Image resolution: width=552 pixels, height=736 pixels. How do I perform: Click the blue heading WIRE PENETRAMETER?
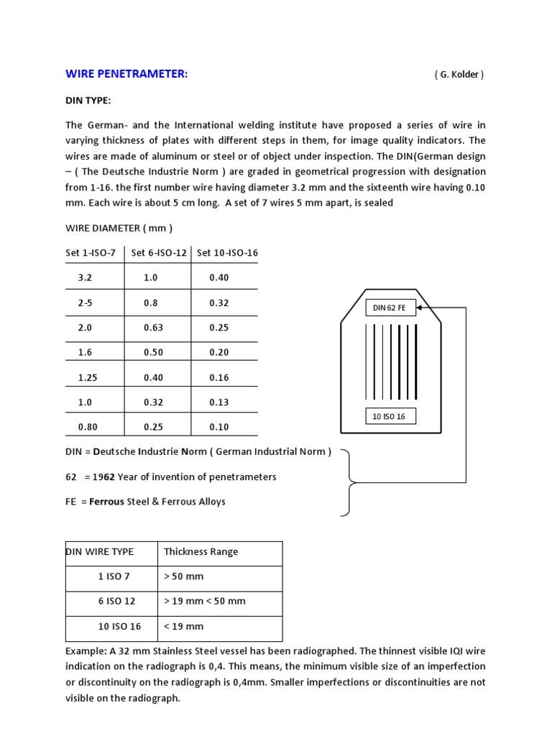pyautogui.click(x=126, y=74)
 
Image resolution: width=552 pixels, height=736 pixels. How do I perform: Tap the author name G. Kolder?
pyautogui.click(x=459, y=75)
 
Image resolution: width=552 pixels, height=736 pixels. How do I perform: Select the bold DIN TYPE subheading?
pyautogui.click(x=88, y=101)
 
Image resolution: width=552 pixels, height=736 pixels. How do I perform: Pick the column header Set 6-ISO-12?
pyautogui.click(x=157, y=252)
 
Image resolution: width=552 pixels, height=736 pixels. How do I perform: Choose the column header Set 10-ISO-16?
pyautogui.click(x=227, y=252)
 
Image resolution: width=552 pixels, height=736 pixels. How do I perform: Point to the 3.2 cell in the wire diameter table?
pyautogui.click(x=85, y=277)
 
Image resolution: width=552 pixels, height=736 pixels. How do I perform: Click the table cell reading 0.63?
pyautogui.click(x=153, y=328)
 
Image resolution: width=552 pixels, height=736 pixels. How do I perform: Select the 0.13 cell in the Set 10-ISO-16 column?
pyautogui.click(x=219, y=402)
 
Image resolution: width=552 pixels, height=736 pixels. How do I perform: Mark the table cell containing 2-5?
pyautogui.click(x=85, y=303)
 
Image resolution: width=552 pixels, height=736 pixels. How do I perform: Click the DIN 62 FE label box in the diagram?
pyautogui.click(x=390, y=308)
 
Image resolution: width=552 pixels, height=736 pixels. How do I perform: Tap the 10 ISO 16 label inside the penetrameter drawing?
pyautogui.click(x=390, y=417)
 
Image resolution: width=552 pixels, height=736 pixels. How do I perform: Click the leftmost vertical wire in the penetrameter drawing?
pyautogui.click(x=366, y=362)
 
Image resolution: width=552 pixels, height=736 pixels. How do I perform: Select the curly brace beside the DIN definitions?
pyautogui.click(x=349, y=483)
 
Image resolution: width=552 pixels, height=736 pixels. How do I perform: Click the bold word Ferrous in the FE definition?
pyautogui.click(x=106, y=502)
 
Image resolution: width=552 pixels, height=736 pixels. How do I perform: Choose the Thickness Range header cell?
pyautogui.click(x=201, y=552)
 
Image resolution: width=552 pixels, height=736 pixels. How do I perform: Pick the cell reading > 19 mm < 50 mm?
pyautogui.click(x=205, y=601)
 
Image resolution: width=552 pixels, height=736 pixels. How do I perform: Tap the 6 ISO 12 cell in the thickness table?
pyautogui.click(x=116, y=601)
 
